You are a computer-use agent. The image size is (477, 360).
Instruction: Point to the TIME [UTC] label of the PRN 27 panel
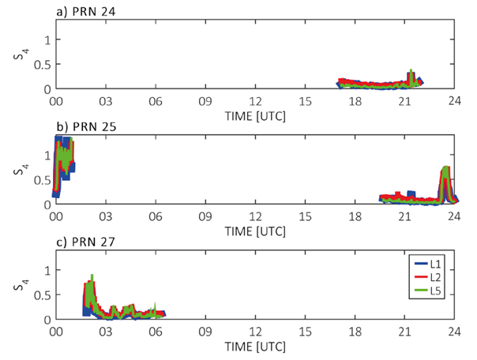click(254, 346)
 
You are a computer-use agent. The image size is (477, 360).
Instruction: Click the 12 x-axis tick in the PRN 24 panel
click(254, 100)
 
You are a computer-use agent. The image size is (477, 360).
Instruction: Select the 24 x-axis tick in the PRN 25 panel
click(453, 216)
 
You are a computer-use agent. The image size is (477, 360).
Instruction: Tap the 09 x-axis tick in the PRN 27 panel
click(205, 331)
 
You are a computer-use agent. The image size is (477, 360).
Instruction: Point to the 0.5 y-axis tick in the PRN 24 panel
click(43, 64)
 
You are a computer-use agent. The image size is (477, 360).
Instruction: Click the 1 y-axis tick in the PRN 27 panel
click(47, 270)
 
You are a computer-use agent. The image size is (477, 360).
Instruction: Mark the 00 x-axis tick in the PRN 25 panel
click(56, 216)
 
